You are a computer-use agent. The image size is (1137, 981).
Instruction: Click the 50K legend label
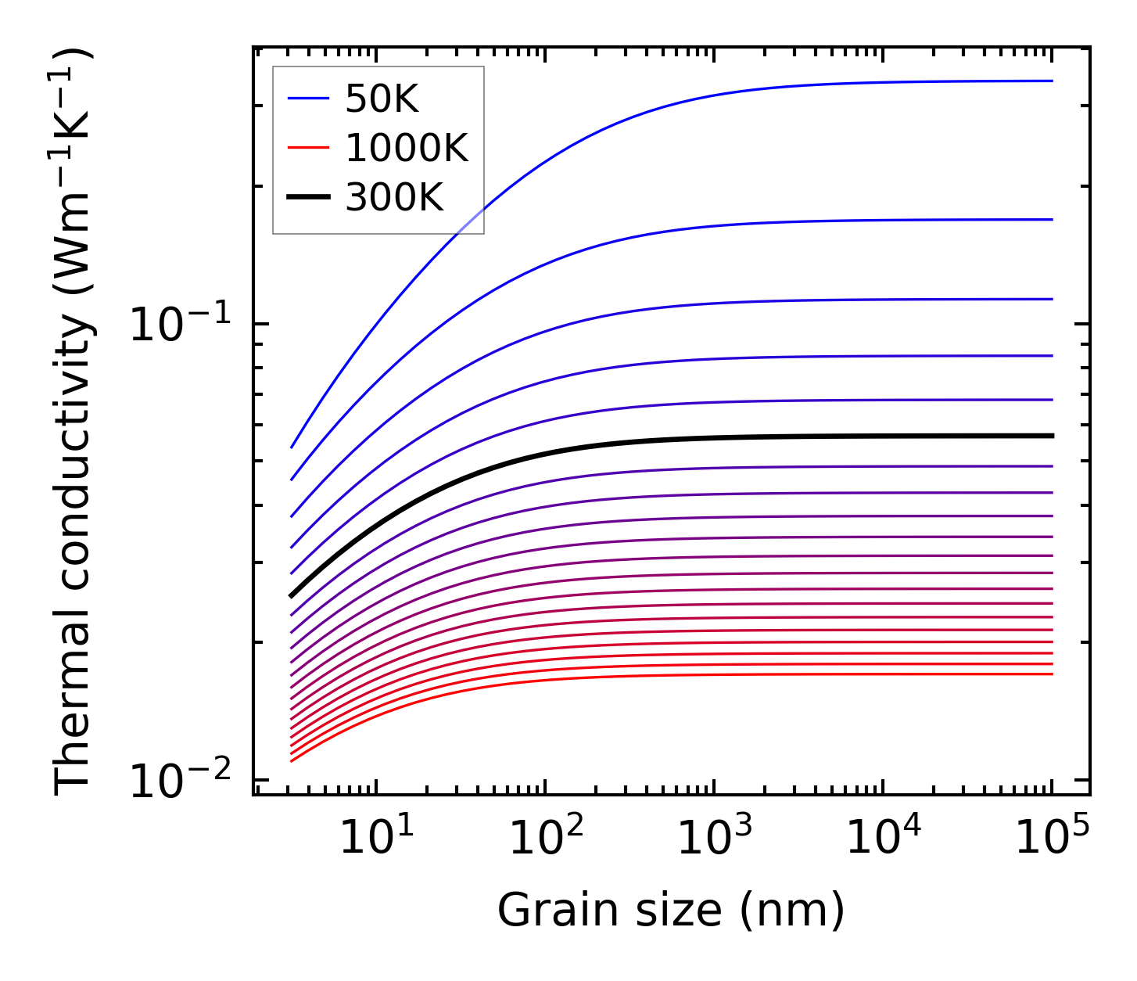(x=382, y=99)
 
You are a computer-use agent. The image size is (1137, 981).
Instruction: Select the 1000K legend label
(x=407, y=148)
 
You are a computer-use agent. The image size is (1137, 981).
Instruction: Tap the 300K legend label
(x=394, y=197)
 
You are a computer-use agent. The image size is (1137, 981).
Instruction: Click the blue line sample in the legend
(x=309, y=99)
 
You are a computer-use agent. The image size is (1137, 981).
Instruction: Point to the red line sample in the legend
(x=309, y=148)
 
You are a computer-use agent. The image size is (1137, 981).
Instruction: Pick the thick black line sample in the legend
(x=309, y=197)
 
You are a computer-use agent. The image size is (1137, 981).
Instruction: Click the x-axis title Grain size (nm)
(x=671, y=911)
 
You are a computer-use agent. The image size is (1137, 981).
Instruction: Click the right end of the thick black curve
(x=1052, y=436)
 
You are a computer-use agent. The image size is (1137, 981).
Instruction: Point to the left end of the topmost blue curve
(x=292, y=447)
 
